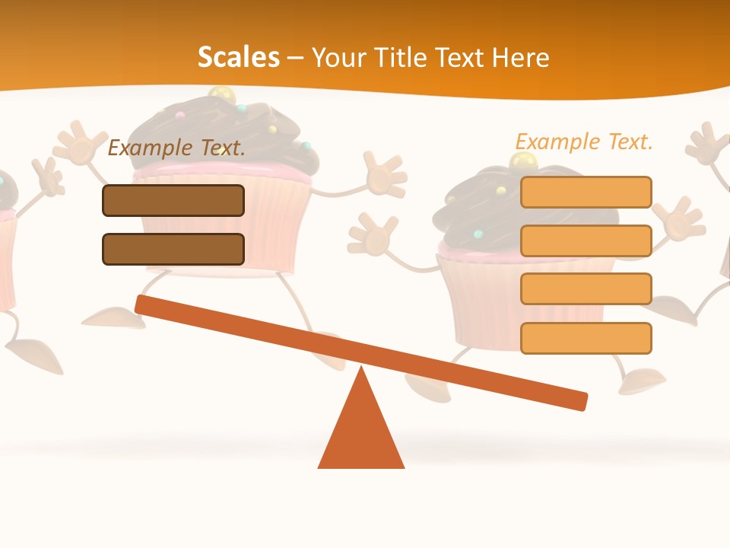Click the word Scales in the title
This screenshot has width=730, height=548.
(238, 57)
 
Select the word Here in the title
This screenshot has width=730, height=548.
(521, 57)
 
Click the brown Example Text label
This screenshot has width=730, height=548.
(176, 148)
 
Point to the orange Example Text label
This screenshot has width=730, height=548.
(584, 142)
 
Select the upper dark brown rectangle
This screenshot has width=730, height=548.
(173, 200)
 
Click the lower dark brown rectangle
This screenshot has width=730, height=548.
(173, 249)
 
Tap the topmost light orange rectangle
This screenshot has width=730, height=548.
(586, 192)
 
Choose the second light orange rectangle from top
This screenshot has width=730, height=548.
(586, 241)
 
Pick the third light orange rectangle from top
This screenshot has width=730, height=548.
(586, 288)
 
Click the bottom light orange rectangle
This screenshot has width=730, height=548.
(586, 338)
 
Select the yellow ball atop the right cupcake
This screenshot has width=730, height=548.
(522, 161)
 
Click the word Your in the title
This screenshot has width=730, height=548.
(336, 57)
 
